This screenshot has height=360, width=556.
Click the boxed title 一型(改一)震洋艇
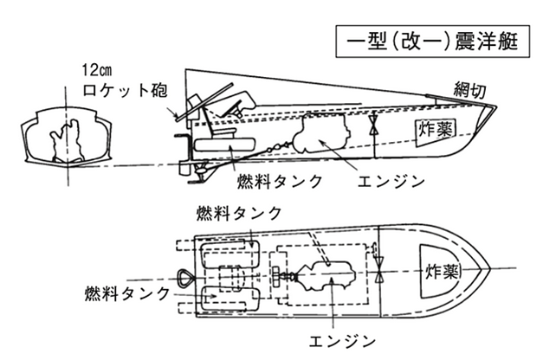pos(433,41)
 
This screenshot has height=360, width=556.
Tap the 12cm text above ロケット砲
pos(96,70)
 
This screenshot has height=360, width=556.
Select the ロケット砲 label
pos(125,90)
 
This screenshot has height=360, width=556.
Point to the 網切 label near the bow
pos(469,91)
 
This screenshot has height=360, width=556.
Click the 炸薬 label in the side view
pos(436,129)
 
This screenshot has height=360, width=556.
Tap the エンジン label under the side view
pos(391,182)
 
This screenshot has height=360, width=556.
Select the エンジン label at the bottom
pos(342,341)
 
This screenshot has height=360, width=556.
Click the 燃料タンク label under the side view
pos(280,181)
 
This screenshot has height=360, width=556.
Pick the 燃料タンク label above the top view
pos(239,213)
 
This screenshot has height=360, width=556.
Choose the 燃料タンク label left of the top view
pos(127,293)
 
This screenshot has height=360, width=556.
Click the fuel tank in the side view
pos(225,145)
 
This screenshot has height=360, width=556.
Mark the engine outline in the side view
pos(321,133)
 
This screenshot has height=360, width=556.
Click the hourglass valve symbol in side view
pos(374,125)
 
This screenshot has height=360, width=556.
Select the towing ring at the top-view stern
pos(185,277)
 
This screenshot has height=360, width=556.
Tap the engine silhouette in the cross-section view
pos(68,140)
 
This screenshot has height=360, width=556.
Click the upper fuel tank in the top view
pos(230,254)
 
